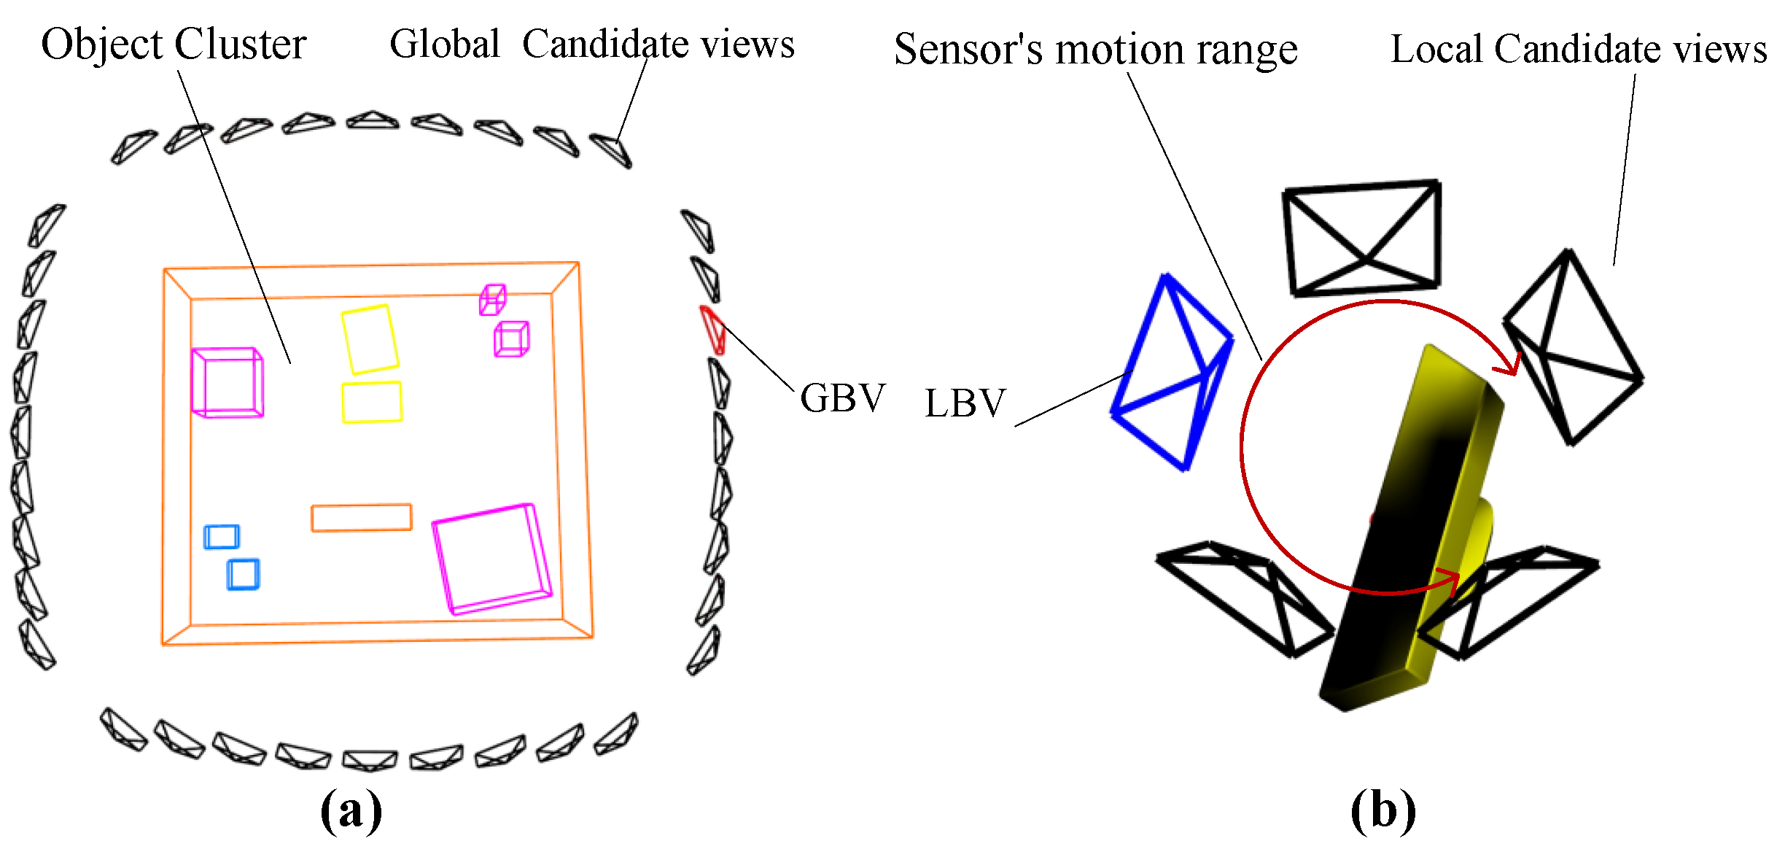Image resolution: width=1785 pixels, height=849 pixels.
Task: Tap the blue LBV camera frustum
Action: (x=1171, y=372)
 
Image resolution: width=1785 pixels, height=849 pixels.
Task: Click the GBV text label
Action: (x=842, y=398)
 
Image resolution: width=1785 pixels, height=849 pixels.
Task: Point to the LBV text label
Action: (x=965, y=403)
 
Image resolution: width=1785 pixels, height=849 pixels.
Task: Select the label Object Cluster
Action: (x=174, y=44)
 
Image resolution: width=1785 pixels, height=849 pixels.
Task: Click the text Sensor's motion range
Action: (x=1095, y=50)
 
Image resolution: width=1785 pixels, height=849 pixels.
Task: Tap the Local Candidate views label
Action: (x=1578, y=50)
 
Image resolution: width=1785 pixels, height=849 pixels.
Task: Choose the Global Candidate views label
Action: (x=591, y=44)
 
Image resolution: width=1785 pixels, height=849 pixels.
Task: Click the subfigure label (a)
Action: (x=351, y=810)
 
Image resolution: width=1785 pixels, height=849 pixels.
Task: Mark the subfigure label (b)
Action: (x=1382, y=810)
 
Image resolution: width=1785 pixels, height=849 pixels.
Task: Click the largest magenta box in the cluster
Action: (x=492, y=558)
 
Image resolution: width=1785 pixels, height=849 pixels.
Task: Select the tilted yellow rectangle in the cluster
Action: (x=370, y=339)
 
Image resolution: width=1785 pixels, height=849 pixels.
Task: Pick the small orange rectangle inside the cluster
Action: (x=362, y=517)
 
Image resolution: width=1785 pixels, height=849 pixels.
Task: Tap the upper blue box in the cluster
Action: (x=221, y=536)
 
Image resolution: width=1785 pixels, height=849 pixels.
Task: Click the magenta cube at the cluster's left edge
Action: (x=227, y=382)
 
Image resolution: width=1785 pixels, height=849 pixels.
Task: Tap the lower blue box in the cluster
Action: (x=243, y=574)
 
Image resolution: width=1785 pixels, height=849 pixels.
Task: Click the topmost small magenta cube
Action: (x=492, y=299)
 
